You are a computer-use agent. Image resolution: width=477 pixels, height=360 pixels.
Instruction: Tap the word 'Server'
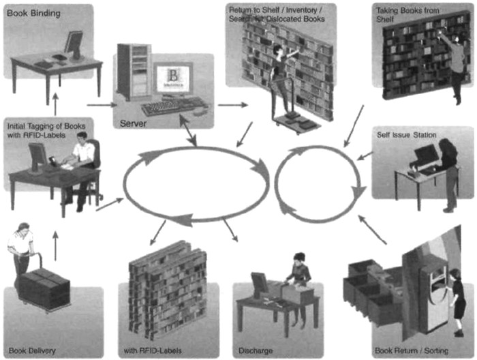134,123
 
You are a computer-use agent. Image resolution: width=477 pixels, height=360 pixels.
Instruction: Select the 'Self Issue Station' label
407,134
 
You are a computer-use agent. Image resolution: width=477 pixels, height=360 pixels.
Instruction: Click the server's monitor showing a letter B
172,80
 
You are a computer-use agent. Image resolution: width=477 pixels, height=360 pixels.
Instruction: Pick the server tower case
133,70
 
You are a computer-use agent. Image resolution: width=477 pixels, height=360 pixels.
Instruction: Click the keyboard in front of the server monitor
167,108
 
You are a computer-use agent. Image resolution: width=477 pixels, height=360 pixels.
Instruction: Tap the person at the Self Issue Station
448,170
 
